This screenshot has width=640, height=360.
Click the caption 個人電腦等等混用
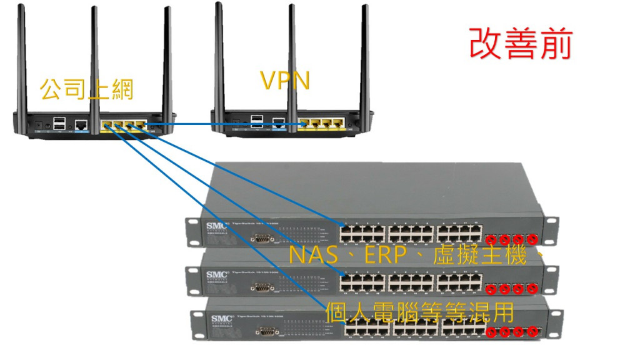(419, 312)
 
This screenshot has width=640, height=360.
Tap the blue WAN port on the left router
(81, 125)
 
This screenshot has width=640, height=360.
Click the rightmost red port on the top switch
(532, 239)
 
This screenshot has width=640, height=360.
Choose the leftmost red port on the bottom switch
(491, 332)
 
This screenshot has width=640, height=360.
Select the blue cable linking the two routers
(225, 124)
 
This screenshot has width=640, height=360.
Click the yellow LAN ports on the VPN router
(321, 123)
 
